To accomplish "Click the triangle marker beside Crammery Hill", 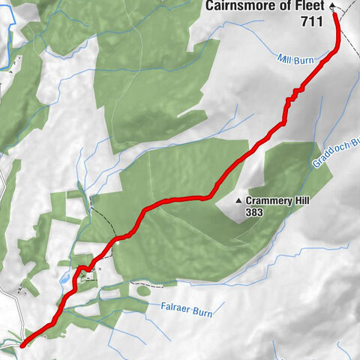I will click(x=239, y=201).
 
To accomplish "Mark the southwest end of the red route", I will click(x=21, y=346).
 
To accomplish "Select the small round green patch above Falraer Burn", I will click(x=142, y=290).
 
